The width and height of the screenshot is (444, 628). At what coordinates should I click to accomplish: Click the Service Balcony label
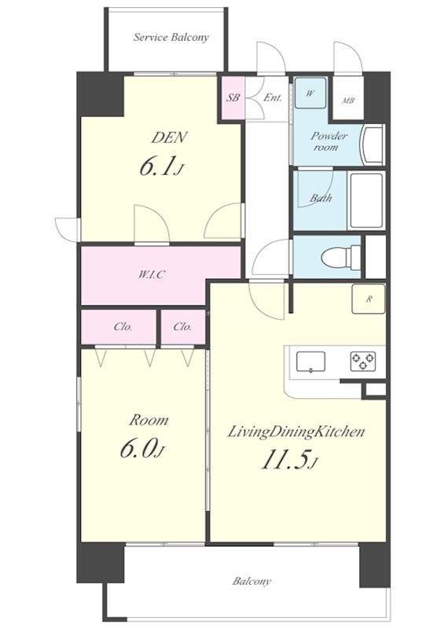point(171,38)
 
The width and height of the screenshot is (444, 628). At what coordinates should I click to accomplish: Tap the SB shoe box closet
point(233,97)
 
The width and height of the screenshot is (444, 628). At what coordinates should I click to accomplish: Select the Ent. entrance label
point(273,97)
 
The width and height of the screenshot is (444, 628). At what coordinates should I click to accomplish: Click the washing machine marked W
point(310,93)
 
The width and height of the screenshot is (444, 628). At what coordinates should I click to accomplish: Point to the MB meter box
point(348,100)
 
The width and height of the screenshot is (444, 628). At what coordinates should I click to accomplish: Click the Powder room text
point(329,141)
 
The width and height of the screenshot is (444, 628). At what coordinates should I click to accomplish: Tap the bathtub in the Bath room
point(366,200)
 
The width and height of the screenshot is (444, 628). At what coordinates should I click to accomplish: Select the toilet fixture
point(341,256)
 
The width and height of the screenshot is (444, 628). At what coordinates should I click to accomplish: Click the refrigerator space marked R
point(369,299)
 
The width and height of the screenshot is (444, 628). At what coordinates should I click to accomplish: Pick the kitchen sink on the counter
point(311,362)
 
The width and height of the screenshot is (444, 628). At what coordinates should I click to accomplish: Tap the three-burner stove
point(363,361)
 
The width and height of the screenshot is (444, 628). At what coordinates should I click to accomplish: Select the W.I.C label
point(152,276)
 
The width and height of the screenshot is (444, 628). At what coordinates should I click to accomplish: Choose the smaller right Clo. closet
point(183,327)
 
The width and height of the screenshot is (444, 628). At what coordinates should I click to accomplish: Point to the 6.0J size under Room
point(142,451)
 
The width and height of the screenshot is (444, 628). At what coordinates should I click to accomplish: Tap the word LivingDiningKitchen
point(296,433)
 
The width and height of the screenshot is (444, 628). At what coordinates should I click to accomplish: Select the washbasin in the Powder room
point(372,144)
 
